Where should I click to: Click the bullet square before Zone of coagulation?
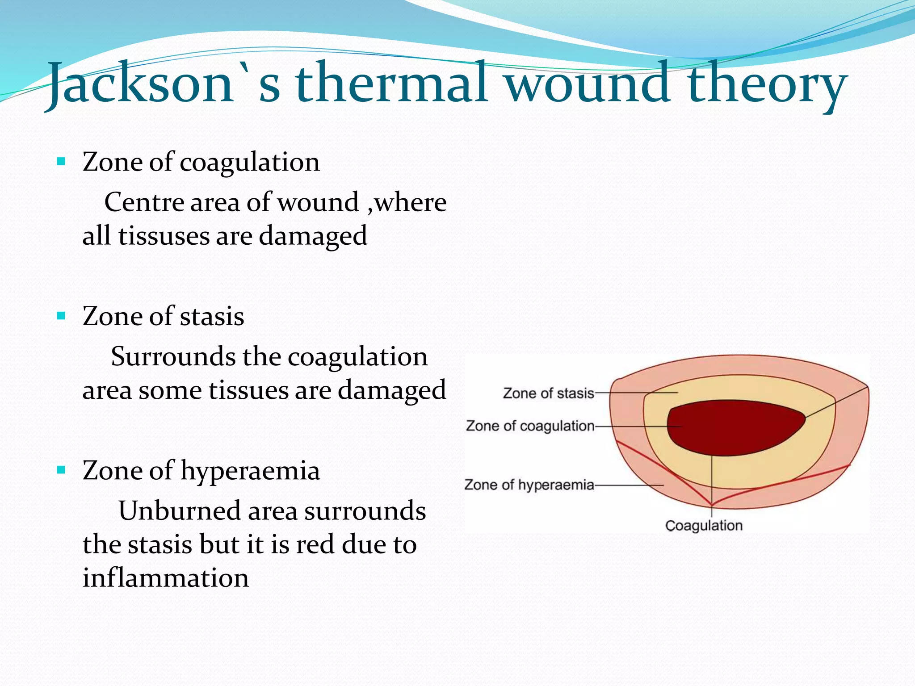[62, 161]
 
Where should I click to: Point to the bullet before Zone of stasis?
[62, 316]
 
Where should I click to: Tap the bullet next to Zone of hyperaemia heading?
[62, 470]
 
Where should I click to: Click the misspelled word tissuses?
[164, 235]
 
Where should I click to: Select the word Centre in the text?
[144, 202]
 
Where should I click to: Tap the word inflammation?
[166, 577]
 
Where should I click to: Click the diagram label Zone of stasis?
[549, 393]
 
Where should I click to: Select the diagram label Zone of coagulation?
[530, 426]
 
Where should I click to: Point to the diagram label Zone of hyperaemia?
[529, 485]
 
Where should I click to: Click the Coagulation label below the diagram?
[704, 526]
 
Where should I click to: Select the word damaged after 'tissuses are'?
[313, 235]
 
